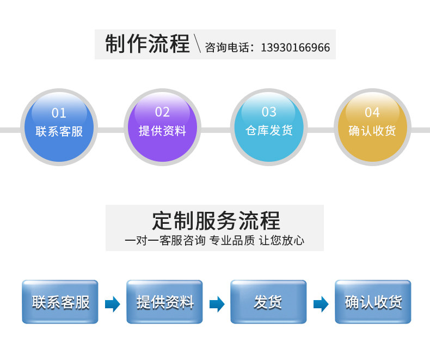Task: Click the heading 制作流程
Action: coord(148,44)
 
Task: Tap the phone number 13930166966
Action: coord(295,48)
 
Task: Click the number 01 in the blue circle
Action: coord(59,113)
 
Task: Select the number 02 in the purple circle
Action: coord(162,112)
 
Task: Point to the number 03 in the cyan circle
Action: coord(269,112)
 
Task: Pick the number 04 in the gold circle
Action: coord(372,112)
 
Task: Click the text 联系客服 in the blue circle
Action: coord(59,131)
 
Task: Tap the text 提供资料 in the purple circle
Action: coord(162,131)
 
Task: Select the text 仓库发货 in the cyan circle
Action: coord(269,130)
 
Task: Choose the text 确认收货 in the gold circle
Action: coord(372,131)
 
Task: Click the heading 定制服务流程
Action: coord(216,221)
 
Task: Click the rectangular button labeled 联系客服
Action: coord(60,302)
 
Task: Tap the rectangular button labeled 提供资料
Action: coord(164,302)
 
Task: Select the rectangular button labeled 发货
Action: coord(268,302)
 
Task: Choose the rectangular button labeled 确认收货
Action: coord(373,302)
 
